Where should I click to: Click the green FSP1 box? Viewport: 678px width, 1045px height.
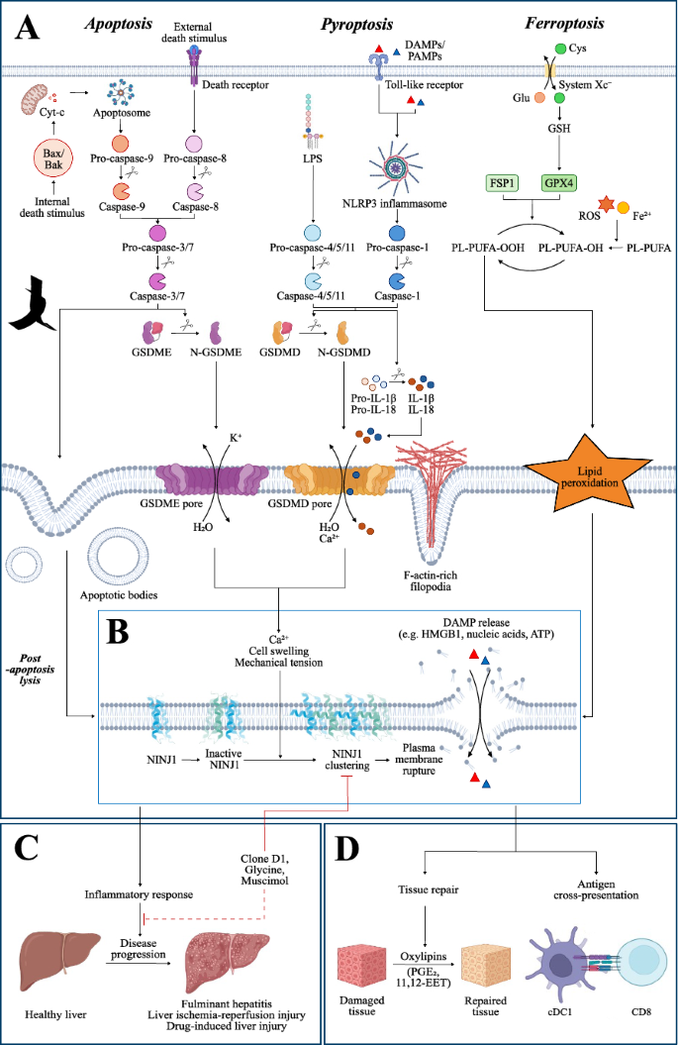[504, 184]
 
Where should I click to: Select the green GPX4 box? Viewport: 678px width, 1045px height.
[560, 184]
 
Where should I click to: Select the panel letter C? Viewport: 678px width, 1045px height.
[30, 848]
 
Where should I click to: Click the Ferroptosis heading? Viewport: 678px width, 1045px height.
[570, 20]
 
